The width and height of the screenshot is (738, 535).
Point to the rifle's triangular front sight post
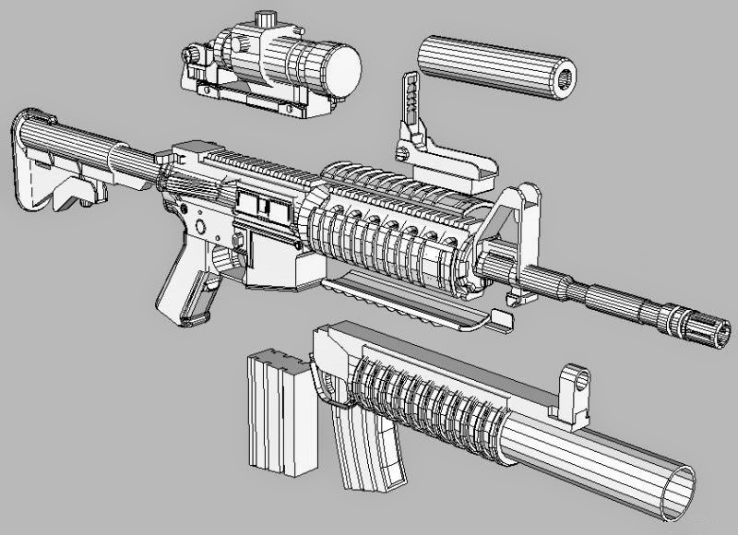[x=517, y=221]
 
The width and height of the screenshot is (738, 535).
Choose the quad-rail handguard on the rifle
[x=387, y=231]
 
